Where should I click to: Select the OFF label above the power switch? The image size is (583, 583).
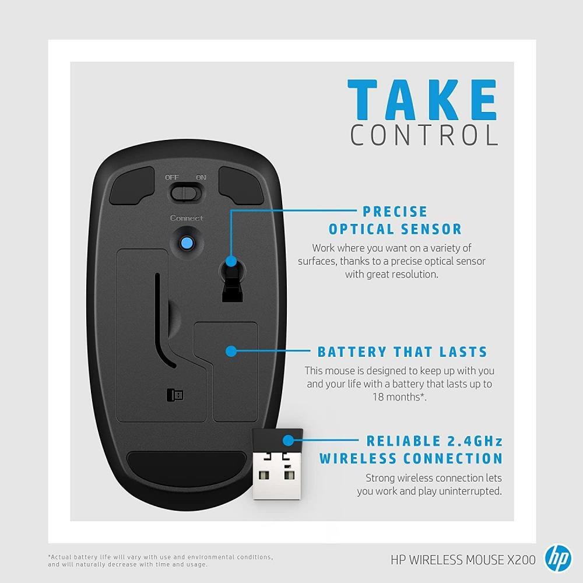tap(172, 177)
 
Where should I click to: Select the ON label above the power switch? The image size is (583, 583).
tap(201, 177)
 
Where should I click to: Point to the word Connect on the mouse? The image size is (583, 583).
tap(187, 218)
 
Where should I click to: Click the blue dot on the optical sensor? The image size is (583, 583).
tap(231, 261)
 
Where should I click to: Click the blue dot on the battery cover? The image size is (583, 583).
tap(231, 351)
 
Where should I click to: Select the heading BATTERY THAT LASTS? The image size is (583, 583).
tap(402, 352)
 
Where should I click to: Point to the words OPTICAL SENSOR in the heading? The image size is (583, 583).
tap(395, 229)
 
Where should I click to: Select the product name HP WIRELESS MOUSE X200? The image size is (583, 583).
tap(463, 560)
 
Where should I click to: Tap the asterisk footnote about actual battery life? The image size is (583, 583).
tap(160, 561)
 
